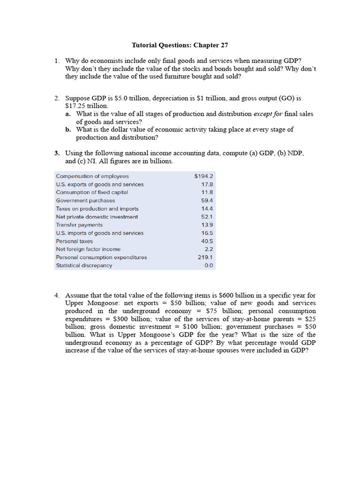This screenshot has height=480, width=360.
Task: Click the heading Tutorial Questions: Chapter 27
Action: point(180,45)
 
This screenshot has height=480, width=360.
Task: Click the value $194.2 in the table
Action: point(203,176)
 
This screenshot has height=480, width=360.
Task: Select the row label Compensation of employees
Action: point(92,176)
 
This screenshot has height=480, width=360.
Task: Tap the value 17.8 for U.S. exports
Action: point(207,184)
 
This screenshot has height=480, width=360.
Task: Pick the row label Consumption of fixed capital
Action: point(92,192)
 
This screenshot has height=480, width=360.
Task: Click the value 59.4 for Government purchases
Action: point(207,201)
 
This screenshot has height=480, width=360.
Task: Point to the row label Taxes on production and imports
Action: point(97,209)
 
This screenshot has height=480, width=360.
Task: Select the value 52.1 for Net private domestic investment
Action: point(207,217)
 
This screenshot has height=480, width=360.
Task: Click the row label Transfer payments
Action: point(79,225)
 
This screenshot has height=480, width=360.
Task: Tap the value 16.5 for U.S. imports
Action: point(207,233)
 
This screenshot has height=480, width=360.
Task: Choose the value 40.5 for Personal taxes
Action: point(207,241)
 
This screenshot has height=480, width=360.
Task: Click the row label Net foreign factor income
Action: point(88,249)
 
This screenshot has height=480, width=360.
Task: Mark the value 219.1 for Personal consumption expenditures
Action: point(205,257)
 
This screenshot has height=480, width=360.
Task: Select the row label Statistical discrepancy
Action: point(84,265)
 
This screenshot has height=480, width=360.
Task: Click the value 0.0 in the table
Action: point(209,265)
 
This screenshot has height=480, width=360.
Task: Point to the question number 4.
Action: point(56,295)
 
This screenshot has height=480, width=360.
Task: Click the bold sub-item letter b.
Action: point(68,129)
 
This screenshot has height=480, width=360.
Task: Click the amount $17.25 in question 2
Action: point(75,106)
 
